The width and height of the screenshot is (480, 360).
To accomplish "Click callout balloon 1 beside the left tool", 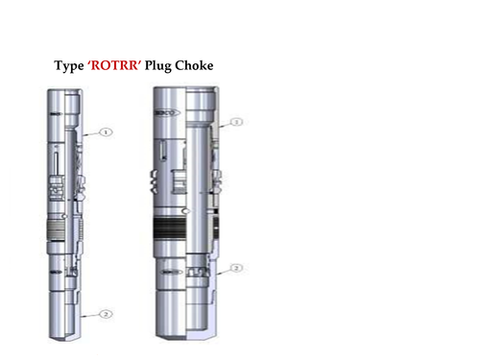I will point(107,132).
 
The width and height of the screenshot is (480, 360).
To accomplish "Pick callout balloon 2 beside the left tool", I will point(107,313).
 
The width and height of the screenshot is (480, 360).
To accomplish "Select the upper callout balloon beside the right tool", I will point(235,122).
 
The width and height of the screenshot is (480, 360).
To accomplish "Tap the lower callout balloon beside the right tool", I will point(235,268).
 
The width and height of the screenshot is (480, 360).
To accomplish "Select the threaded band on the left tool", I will point(60,231).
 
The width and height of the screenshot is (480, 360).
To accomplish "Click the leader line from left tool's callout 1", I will point(90,134).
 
